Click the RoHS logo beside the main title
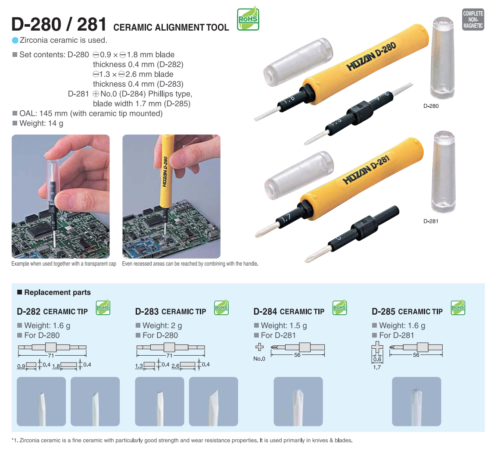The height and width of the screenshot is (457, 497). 248,19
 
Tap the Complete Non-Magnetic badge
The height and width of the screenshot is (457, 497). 473,19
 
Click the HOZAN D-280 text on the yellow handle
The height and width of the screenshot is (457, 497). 371,56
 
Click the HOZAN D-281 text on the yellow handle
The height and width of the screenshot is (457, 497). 366,170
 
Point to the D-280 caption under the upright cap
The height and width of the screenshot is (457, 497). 431,106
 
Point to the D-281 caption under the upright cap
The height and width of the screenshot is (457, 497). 431,221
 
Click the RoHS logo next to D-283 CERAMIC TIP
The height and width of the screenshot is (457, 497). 221,307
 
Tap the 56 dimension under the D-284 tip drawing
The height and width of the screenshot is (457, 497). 297,355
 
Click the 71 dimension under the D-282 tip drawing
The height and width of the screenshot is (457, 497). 51,355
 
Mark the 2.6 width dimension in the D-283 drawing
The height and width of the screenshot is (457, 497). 176,366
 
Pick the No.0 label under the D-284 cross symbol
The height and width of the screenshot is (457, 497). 259,359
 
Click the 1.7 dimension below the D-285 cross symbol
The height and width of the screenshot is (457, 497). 377,367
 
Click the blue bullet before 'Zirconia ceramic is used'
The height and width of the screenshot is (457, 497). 15,40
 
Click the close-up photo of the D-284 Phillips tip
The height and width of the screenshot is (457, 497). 298,401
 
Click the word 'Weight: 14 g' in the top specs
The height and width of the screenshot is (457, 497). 41,123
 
